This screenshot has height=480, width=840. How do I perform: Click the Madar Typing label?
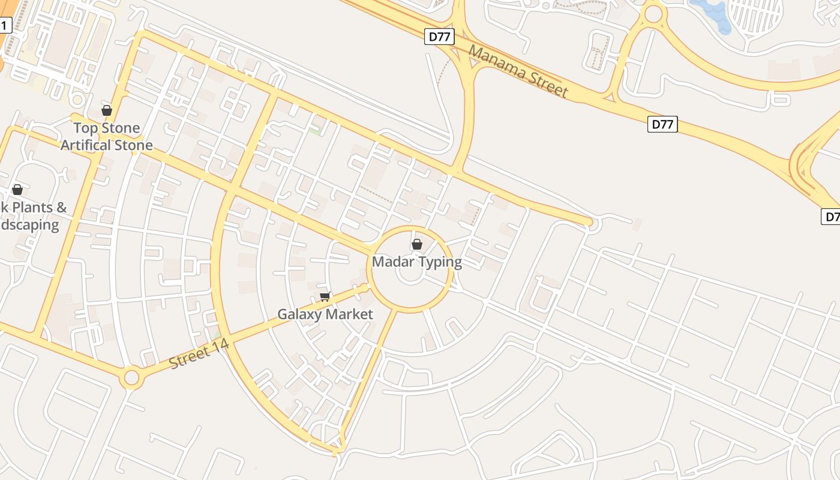click(x=417, y=262)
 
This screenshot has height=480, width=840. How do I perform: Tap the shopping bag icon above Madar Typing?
click(x=417, y=244)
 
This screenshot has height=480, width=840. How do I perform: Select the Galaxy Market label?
click(x=325, y=314)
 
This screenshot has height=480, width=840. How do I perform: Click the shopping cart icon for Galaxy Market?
click(x=325, y=296)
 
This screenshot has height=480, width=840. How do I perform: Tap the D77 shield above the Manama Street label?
click(x=439, y=37)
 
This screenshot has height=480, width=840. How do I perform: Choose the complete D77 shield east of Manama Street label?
click(x=662, y=124)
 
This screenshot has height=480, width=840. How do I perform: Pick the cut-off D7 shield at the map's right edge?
click(x=830, y=217)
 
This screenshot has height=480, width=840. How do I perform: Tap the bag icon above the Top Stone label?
click(x=107, y=110)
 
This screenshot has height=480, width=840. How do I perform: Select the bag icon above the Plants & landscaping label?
click(x=17, y=190)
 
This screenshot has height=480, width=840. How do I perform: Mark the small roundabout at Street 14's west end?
click(x=131, y=379)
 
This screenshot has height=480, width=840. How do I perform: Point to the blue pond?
click(x=712, y=15)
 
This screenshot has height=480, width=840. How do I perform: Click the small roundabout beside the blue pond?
click(x=653, y=13)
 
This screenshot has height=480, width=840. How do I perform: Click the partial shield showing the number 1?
click(x=5, y=25)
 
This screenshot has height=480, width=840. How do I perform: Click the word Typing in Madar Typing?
click(x=441, y=262)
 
